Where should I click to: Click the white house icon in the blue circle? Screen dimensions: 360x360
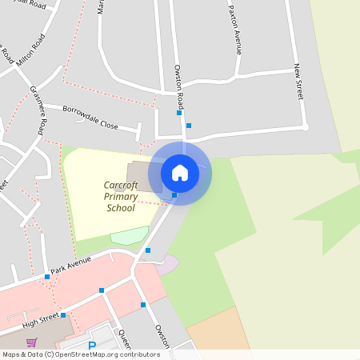(x=180, y=173)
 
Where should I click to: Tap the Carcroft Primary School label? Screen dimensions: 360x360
(x=121, y=197)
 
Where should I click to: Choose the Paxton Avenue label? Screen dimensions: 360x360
(x=235, y=32)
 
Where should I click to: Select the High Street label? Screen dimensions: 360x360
(x=40, y=320)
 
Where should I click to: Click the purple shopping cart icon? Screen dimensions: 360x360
(x=32, y=343)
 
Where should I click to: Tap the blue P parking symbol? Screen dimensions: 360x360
(x=92, y=346)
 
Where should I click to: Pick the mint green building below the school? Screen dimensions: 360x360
(x=129, y=236)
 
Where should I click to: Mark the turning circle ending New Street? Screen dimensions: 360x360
(x=305, y=126)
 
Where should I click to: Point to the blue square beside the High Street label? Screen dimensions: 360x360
(x=63, y=315)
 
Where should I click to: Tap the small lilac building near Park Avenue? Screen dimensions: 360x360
(x=168, y=264)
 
